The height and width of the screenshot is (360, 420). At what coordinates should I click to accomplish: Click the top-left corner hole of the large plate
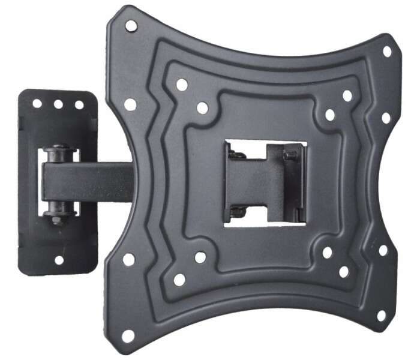pyautogui.click(x=131, y=26)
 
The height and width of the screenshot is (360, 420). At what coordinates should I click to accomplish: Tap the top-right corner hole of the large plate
pyautogui.click(x=387, y=52)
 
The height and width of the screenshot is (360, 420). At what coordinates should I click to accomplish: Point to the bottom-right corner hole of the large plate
pyautogui.click(x=380, y=315)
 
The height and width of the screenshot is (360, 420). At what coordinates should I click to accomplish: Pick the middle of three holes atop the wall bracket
pyautogui.click(x=59, y=104)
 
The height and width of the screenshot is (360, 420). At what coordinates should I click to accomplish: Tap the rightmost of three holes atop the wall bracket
pyautogui.click(x=79, y=104)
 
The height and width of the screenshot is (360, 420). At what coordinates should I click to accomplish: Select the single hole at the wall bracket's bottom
pyautogui.click(x=59, y=260)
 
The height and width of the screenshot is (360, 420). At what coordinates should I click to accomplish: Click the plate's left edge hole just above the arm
pyautogui.click(x=130, y=104)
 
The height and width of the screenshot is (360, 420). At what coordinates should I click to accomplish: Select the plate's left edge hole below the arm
pyautogui.click(x=128, y=259)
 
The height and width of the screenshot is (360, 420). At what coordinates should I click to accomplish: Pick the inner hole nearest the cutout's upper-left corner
pyautogui.click(x=202, y=108)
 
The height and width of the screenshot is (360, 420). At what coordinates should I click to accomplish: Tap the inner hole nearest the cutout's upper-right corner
pyautogui.click(x=329, y=115)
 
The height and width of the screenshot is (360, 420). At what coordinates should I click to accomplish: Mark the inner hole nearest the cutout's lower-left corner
pyautogui.click(x=200, y=257)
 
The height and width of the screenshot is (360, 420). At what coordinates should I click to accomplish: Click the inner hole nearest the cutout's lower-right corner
pyautogui.click(x=327, y=253)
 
